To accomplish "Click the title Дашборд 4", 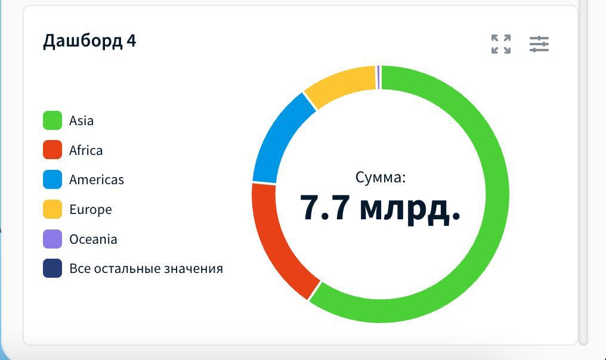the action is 89,41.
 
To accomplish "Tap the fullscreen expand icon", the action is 501,44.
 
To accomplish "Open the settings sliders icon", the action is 539,44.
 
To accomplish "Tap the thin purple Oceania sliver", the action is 378,77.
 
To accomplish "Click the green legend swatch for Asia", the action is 52,120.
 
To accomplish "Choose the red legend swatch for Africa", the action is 52,150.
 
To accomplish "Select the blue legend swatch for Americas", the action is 52,179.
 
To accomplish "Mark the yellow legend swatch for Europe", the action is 52,209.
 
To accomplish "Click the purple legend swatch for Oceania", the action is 52,239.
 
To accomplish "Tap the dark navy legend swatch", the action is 52,268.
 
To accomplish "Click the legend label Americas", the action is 97,179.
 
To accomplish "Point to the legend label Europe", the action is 91,210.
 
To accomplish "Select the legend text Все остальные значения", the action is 146,268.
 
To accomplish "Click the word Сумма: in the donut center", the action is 381,177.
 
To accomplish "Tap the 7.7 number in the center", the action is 324,207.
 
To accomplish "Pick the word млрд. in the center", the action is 410,209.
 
